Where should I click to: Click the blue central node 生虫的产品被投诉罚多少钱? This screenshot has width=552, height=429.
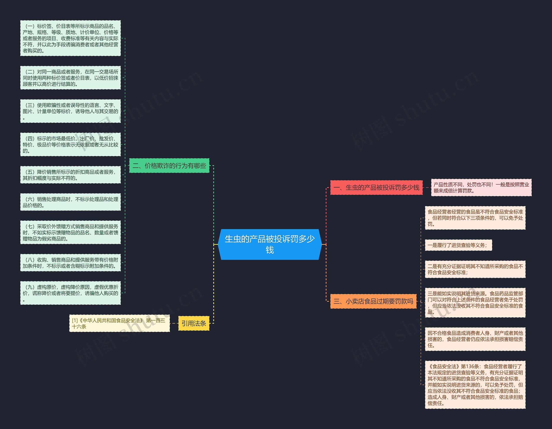[270, 244]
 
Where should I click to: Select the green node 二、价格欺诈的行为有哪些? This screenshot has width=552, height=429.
[169, 166]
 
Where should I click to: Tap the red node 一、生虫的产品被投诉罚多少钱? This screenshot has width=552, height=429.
[376, 188]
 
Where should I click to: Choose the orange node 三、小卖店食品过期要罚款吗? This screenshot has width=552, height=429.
[373, 301]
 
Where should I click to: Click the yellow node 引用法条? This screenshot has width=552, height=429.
[194, 323]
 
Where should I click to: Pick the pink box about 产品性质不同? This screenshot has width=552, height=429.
[481, 188]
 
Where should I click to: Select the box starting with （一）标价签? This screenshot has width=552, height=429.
[70, 38]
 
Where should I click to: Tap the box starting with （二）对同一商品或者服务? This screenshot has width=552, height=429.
[70, 78]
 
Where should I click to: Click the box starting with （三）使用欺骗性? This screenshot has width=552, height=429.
[70, 111]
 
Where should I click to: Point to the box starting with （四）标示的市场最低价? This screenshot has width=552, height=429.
[70, 144]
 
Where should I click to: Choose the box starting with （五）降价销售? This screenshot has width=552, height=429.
[70, 175]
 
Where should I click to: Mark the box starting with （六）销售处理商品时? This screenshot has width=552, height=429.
[70, 202]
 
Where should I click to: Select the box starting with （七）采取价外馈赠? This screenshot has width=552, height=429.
[70, 232]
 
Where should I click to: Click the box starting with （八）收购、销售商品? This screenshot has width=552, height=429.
[70, 263]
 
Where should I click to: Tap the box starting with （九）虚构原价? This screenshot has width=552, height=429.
[70, 293]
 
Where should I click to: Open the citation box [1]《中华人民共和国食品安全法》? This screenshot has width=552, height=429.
[119, 323]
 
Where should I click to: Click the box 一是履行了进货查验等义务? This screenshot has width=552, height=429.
[458, 245]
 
